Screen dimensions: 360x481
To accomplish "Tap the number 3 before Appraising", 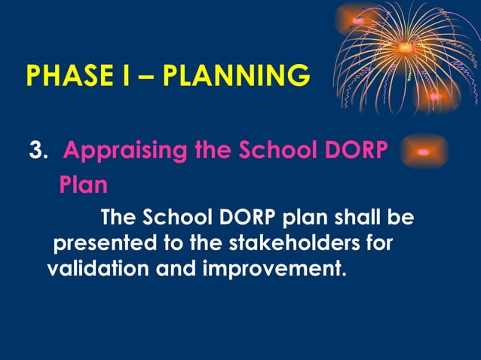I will click(x=35, y=151).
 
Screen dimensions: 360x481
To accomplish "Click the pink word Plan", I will click(x=83, y=185).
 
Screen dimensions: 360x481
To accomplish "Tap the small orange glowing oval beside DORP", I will click(x=424, y=151).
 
